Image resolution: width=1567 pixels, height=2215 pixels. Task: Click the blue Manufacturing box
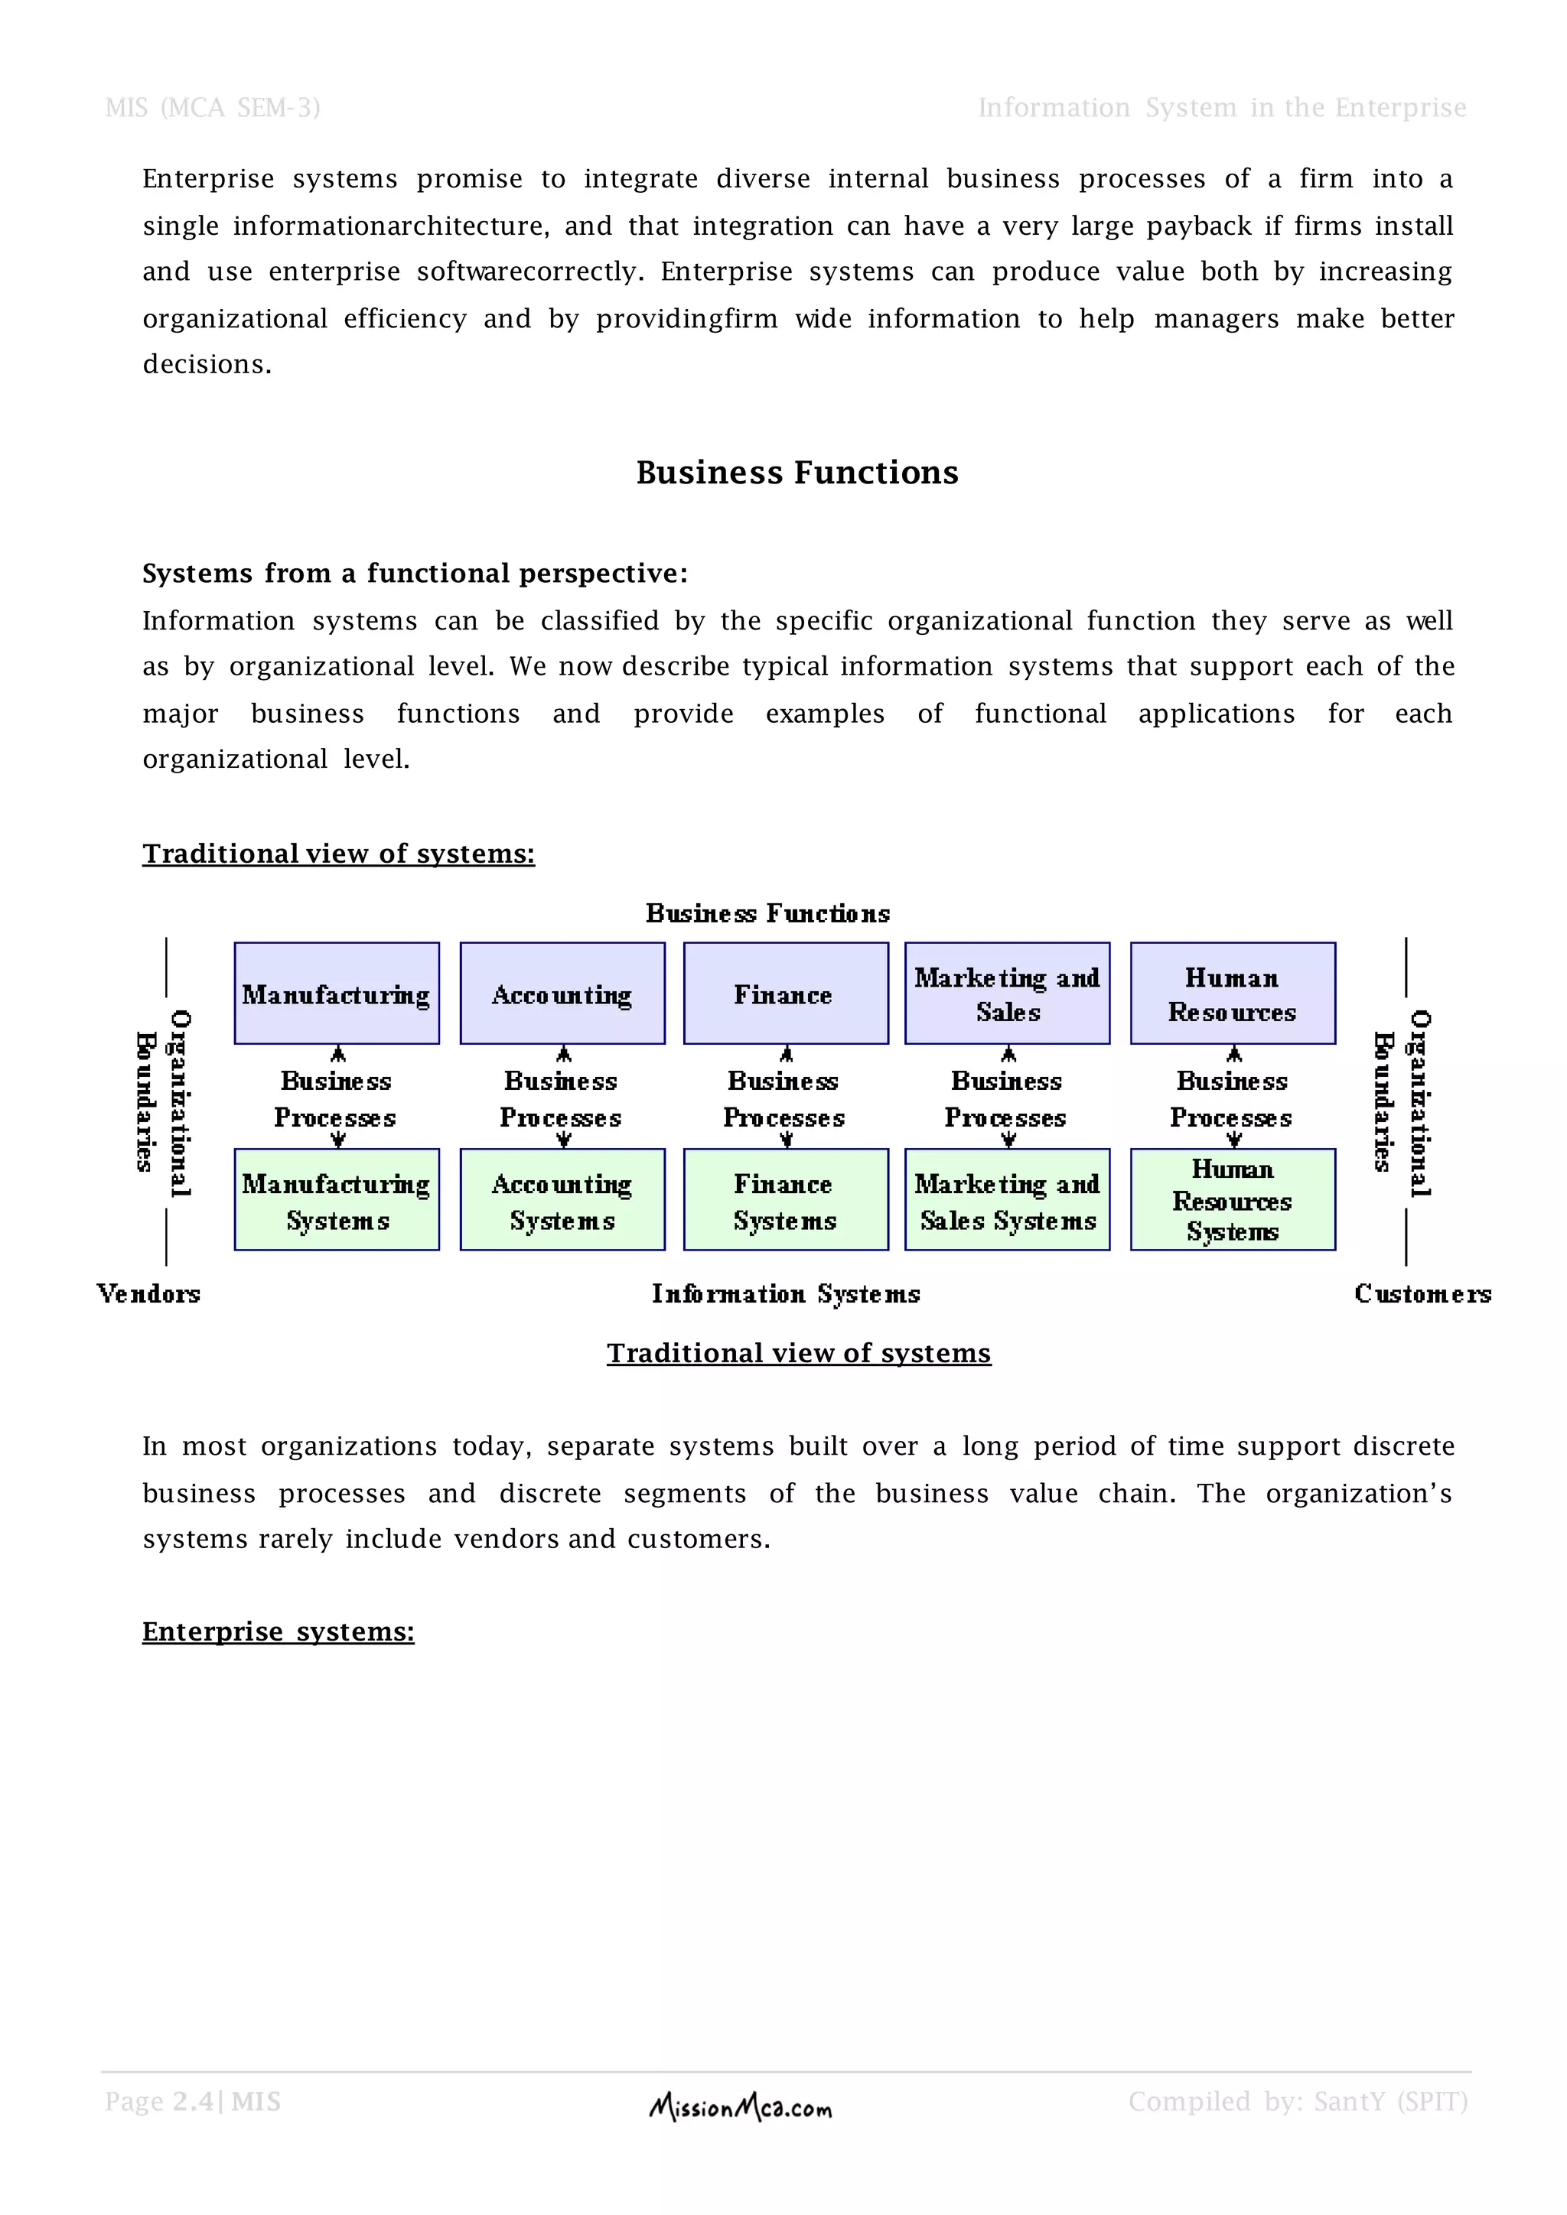click(x=337, y=993)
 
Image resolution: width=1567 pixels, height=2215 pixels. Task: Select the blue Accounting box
click(x=562, y=993)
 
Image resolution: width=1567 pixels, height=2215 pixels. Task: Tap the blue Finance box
click(x=786, y=993)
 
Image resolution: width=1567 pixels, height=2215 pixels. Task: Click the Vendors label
click(x=148, y=1293)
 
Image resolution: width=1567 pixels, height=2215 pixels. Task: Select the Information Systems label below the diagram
click(x=786, y=1293)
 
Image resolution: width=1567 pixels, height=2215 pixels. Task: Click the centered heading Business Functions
click(x=797, y=473)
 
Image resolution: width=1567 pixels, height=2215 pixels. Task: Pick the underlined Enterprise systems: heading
click(x=278, y=1631)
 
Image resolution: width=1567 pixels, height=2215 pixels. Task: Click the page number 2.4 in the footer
click(x=193, y=2102)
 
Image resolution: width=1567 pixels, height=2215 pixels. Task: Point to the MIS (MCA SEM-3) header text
click(x=212, y=107)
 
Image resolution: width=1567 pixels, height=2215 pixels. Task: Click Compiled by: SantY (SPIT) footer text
click(x=1298, y=2102)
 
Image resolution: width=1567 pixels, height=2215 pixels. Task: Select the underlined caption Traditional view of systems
click(x=799, y=1354)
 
